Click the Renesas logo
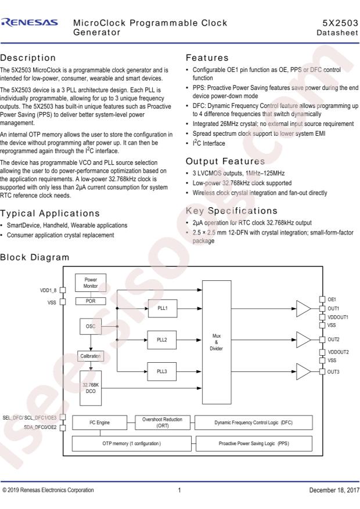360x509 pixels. tap(30, 23)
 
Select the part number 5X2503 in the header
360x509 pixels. tap(340, 23)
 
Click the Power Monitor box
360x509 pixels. tap(91, 283)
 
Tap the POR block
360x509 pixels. tap(91, 301)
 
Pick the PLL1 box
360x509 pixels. tap(163, 308)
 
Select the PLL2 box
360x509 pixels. tap(161, 340)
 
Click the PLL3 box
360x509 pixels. tap(161, 371)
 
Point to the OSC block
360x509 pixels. tap(91, 326)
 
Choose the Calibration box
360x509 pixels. tap(91, 356)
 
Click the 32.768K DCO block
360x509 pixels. tap(91, 388)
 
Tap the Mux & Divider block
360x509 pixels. tap(217, 342)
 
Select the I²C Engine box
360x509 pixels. tap(99, 423)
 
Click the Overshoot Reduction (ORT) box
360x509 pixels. tap(163, 423)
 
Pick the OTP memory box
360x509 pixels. tap(131, 443)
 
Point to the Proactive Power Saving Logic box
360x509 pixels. tap(254, 443)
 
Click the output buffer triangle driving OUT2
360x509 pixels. tap(303, 340)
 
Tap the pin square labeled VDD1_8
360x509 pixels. tap(63, 290)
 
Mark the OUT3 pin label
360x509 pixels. tap(333, 371)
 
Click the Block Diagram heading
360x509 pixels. tap(35, 258)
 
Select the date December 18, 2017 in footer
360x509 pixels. tap(334, 490)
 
